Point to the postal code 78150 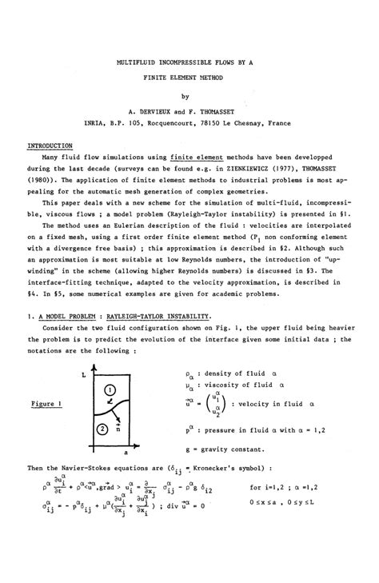[221, 124]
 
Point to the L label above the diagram [82, 373]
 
